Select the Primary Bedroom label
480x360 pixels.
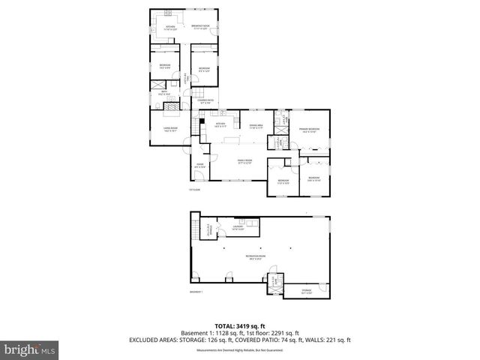(x=310, y=130)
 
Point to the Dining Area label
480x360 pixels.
(x=256, y=126)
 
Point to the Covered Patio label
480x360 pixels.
(x=205, y=100)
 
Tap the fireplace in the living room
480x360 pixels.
(x=172, y=109)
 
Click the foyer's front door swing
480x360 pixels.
(x=198, y=176)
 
